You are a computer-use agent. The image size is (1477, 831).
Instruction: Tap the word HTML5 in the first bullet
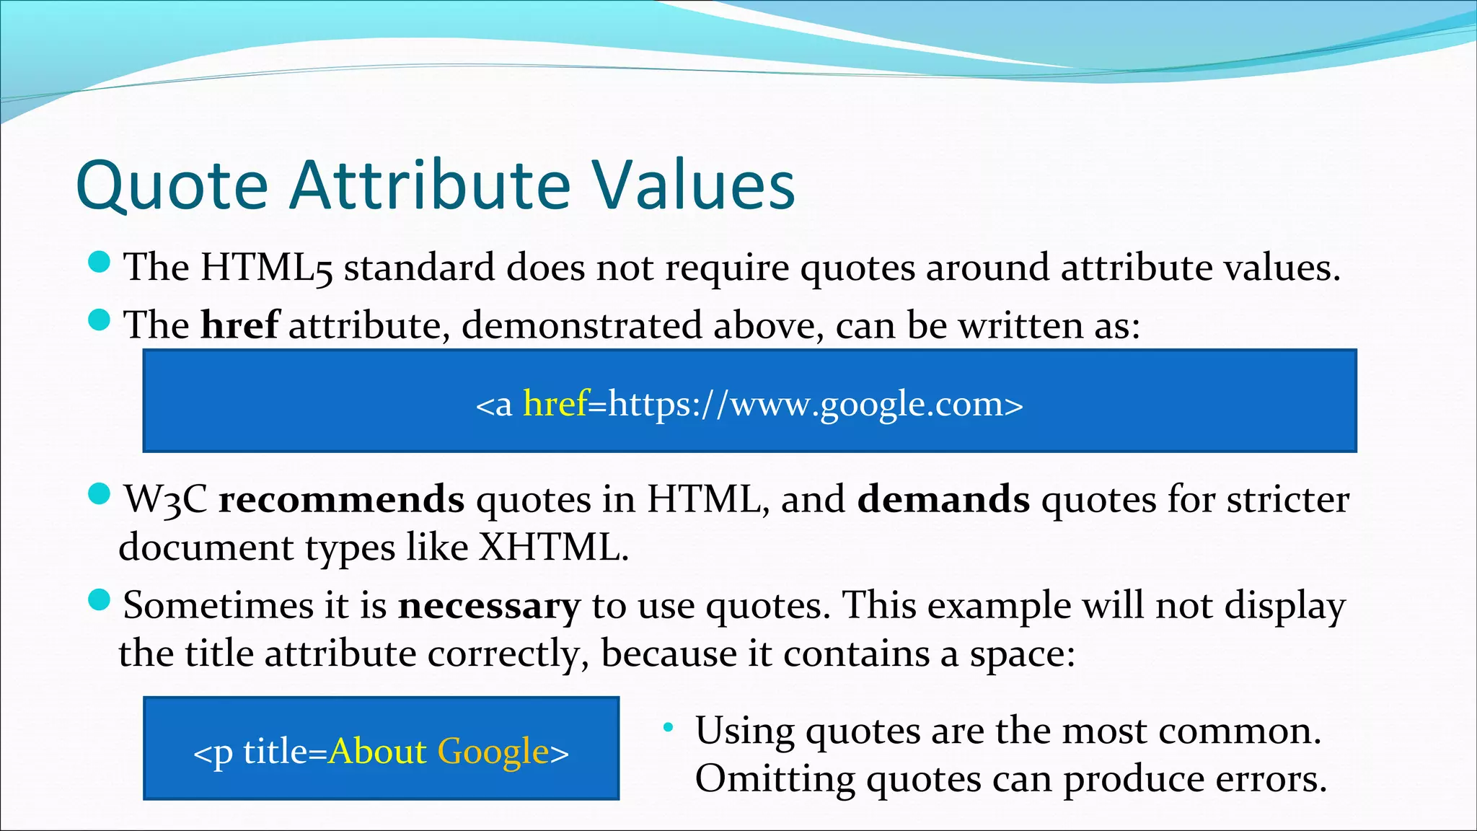[x=266, y=268]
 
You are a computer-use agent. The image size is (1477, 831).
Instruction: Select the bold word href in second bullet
[x=239, y=325]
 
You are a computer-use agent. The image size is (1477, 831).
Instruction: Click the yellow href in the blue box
[x=555, y=403]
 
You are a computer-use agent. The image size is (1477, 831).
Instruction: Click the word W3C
[x=165, y=499]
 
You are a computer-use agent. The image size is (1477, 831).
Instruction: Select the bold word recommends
[x=341, y=499]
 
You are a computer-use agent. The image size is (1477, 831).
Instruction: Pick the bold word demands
[x=943, y=499]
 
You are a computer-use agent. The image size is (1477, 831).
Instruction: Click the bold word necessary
[x=489, y=605]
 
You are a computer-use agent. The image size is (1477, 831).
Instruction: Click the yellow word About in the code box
[x=378, y=752]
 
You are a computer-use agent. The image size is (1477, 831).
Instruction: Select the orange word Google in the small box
[x=493, y=752]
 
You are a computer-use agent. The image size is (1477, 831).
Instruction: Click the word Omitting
[x=774, y=779]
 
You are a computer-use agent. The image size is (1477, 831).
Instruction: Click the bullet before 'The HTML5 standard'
[x=99, y=262]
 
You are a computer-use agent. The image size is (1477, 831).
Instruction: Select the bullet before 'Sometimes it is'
[x=99, y=599]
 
